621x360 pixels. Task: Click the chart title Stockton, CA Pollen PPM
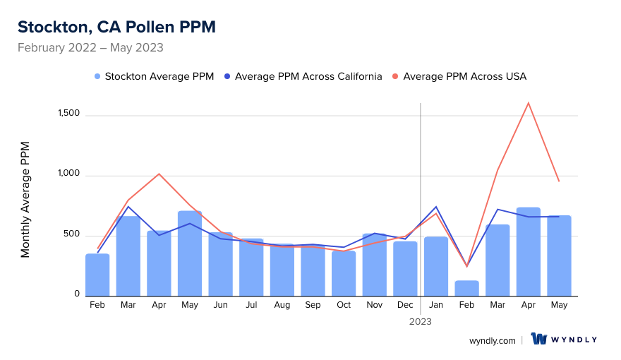[116, 27]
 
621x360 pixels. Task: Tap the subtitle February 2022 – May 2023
[90, 48]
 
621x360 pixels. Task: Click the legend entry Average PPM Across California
[303, 76]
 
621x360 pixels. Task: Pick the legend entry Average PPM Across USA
[459, 76]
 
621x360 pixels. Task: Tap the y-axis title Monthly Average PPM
[25, 199]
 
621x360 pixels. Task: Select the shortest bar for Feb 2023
[467, 288]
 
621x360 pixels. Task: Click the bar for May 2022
[190, 253]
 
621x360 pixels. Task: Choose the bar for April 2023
[529, 251]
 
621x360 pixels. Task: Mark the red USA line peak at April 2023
[529, 103]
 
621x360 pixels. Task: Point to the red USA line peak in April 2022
[159, 174]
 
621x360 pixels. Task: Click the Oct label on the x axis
[344, 305]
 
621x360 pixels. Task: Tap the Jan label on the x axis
[436, 305]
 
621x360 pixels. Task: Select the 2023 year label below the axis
[421, 321]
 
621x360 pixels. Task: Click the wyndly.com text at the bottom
[492, 340]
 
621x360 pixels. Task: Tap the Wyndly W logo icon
[539, 340]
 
